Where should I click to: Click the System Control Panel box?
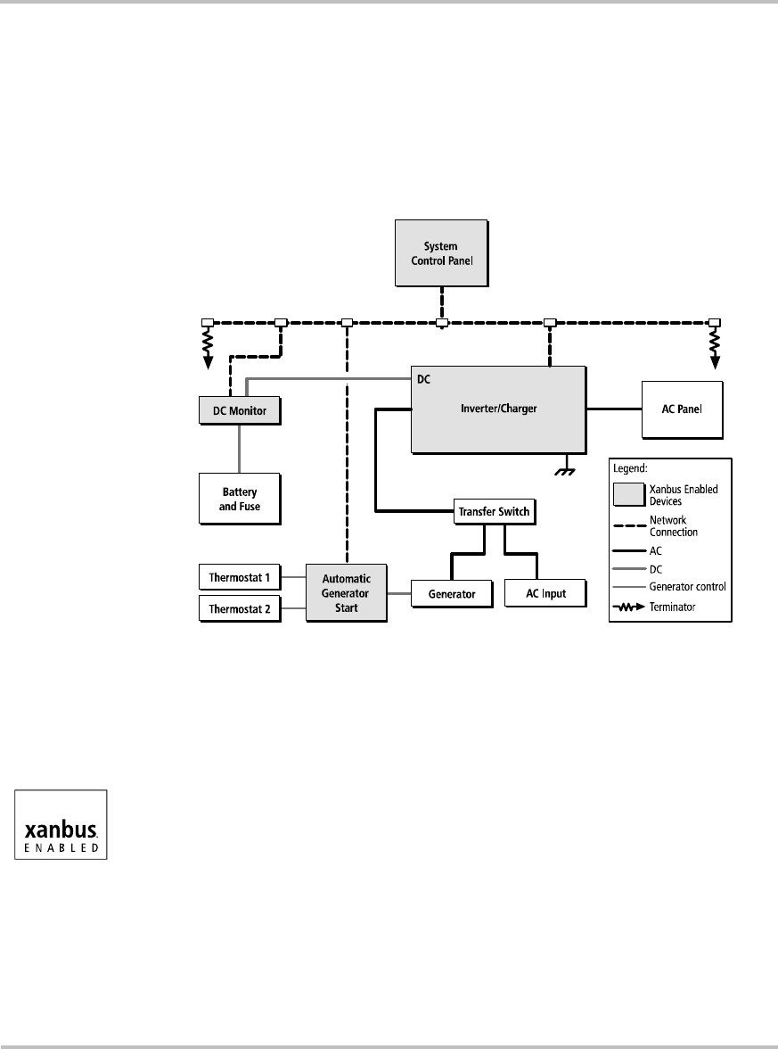click(x=443, y=252)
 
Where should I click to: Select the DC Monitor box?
click(x=239, y=411)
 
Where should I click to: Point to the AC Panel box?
click(x=683, y=409)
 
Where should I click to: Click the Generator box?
click(x=450, y=593)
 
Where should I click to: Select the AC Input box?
click(x=546, y=593)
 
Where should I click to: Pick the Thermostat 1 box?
click(x=239, y=577)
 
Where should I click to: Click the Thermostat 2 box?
click(x=239, y=610)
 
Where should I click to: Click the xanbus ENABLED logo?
click(x=61, y=824)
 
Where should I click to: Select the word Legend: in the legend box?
click(x=633, y=467)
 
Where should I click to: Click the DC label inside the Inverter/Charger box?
click(x=424, y=379)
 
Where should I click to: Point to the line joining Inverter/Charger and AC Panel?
click(x=613, y=409)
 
